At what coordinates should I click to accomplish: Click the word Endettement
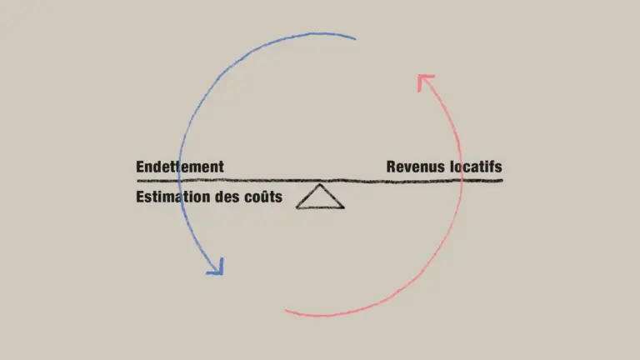coord(180,167)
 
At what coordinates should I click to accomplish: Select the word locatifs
coord(476,167)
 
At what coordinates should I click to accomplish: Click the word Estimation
coord(171,197)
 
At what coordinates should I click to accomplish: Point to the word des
coord(226,197)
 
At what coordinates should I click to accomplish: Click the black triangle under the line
coord(320,198)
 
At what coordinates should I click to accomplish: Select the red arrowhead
coord(424,80)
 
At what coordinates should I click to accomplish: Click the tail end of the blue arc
coord(355,38)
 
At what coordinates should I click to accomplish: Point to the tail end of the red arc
coord(287,312)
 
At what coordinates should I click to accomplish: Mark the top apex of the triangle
coord(319,185)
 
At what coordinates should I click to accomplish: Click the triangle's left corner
coord(297,207)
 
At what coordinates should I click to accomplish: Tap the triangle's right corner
coord(343,207)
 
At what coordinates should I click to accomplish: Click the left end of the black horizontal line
coord(137,180)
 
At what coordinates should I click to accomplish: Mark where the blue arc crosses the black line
coord(177,180)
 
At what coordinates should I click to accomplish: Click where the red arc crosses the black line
coord(462,180)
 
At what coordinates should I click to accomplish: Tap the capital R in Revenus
coord(391,167)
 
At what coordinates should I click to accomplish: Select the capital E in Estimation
coord(140,197)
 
